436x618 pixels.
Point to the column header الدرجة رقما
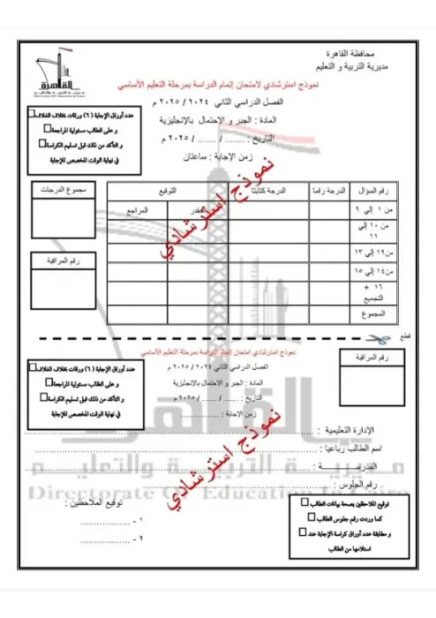point(329,191)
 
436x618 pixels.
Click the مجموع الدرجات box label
point(59,191)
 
